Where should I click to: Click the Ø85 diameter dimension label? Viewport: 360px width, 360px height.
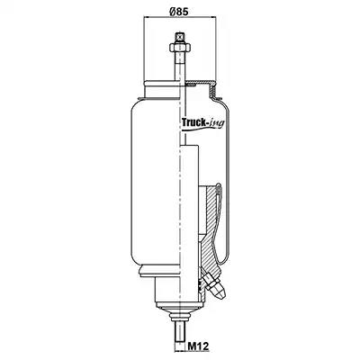[179, 12]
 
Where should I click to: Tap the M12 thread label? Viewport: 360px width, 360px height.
[198, 346]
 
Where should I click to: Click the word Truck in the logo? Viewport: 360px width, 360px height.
[193, 122]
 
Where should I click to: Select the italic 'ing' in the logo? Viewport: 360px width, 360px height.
[216, 123]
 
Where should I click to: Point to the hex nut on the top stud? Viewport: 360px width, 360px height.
[179, 48]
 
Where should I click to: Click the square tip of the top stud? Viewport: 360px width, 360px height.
[179, 37]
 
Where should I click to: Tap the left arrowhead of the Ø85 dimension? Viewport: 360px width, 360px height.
[146, 17]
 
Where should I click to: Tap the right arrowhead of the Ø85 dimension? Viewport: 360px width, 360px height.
[214, 17]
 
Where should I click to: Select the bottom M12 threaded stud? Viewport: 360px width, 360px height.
[179, 336]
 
